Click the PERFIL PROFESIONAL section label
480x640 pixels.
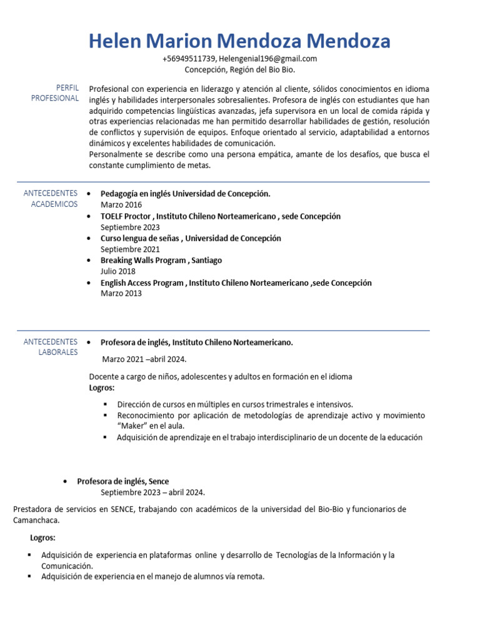coord(57,93)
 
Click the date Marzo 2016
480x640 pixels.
coord(121,205)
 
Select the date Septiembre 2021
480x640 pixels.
coord(130,249)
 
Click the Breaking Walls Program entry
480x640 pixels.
coord(161,261)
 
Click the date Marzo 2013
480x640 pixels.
coord(121,294)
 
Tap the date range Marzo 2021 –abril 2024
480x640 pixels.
coord(144,359)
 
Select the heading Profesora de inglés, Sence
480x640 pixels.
coord(122,481)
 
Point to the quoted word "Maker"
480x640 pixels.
coord(134,426)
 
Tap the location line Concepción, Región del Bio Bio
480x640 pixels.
coord(239,69)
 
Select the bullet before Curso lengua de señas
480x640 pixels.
coord(91,239)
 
